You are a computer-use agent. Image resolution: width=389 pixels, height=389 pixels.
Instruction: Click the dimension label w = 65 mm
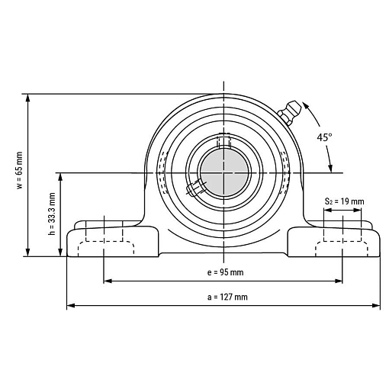(x=20, y=170)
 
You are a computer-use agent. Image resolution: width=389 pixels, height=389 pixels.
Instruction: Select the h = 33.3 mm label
(x=52, y=214)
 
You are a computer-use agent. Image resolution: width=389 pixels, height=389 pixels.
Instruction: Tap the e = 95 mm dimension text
(x=225, y=272)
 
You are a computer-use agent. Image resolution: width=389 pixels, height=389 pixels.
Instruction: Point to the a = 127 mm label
(x=227, y=297)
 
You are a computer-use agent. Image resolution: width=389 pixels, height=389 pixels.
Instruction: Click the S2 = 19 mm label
(x=344, y=201)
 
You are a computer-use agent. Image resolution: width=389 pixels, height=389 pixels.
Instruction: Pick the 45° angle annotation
(x=324, y=137)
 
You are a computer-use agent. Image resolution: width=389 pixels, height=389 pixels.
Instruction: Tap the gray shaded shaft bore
(x=224, y=172)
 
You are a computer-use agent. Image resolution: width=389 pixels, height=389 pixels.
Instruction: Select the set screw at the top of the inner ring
(x=223, y=140)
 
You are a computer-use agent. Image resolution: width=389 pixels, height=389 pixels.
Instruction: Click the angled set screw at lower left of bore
(x=196, y=188)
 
